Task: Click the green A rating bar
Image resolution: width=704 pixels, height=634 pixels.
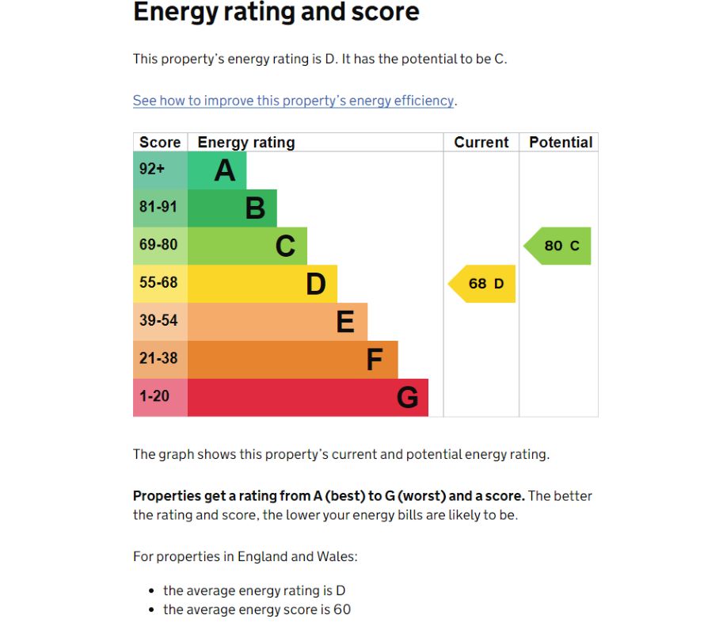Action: point(216,170)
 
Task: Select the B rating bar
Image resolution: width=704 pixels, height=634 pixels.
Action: point(232,208)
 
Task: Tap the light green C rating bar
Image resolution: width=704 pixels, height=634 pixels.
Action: point(247,246)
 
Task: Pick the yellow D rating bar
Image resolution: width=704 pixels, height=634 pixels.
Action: point(262,284)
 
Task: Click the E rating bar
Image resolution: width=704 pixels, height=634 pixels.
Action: point(277,322)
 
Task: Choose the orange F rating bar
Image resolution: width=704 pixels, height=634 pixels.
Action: point(292,359)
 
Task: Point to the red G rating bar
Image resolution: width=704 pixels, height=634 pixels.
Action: point(307,397)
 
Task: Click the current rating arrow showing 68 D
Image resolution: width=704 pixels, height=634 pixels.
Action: point(484,284)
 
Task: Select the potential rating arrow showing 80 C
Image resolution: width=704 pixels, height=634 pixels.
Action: point(559,246)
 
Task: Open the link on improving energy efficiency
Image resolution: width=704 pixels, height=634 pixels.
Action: point(293,101)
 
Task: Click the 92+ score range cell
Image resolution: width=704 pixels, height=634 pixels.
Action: point(160,170)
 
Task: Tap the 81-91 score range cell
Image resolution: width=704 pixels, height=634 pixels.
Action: point(160,208)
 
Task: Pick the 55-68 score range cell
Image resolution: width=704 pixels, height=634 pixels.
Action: point(160,284)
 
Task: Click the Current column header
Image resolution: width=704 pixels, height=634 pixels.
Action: point(481,143)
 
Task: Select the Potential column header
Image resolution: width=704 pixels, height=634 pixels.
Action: point(560,143)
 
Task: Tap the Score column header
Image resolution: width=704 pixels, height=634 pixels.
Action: point(160,143)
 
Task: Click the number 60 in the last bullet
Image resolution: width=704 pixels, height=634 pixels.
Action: point(341,609)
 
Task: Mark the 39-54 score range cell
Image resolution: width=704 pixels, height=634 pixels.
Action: point(160,322)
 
